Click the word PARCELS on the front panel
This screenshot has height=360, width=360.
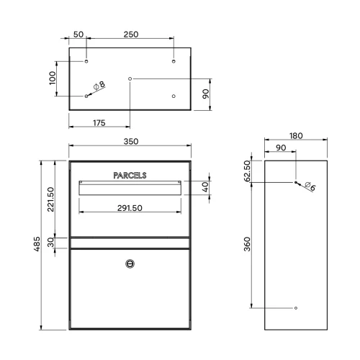coord(130,176)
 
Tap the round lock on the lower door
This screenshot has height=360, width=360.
coord(130,264)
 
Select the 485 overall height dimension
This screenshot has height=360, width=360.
coord(37,244)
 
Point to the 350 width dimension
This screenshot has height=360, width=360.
coord(131,141)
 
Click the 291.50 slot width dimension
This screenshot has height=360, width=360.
coord(130,208)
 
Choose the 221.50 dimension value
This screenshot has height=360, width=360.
coord(50,199)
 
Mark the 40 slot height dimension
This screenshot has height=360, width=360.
coord(205,187)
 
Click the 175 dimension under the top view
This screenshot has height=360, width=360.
coord(99,123)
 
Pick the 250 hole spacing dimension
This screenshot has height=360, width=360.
coord(131,35)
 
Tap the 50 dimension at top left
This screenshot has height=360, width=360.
coord(78,35)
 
